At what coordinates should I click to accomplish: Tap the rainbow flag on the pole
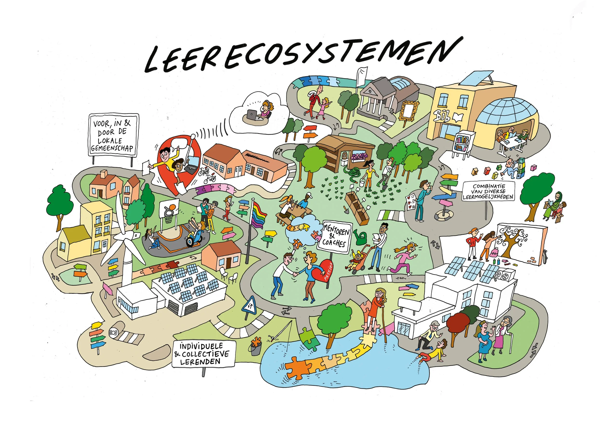click(x=259, y=216)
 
